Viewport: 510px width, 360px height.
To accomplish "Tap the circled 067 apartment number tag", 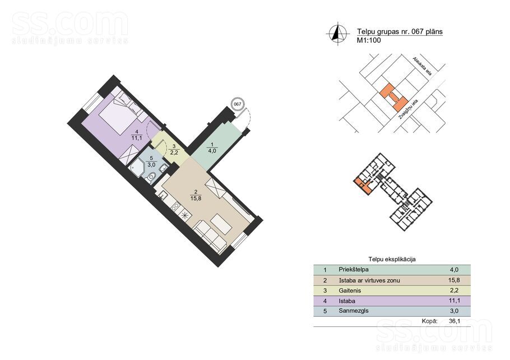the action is [x=238, y=104].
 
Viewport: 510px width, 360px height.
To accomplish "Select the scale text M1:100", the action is [x=369, y=41].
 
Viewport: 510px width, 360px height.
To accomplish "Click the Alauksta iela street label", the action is [x=422, y=66].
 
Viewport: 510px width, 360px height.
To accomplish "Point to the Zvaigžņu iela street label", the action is [x=408, y=111].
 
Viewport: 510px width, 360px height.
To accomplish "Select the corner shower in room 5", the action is [x=137, y=167].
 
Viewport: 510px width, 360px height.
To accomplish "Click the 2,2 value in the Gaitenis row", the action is [x=454, y=290].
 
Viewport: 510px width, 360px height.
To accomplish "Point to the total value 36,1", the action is [x=455, y=321].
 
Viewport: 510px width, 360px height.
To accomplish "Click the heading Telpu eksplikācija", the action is [x=392, y=260].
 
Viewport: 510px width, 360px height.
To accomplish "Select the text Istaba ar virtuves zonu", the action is [x=369, y=280].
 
